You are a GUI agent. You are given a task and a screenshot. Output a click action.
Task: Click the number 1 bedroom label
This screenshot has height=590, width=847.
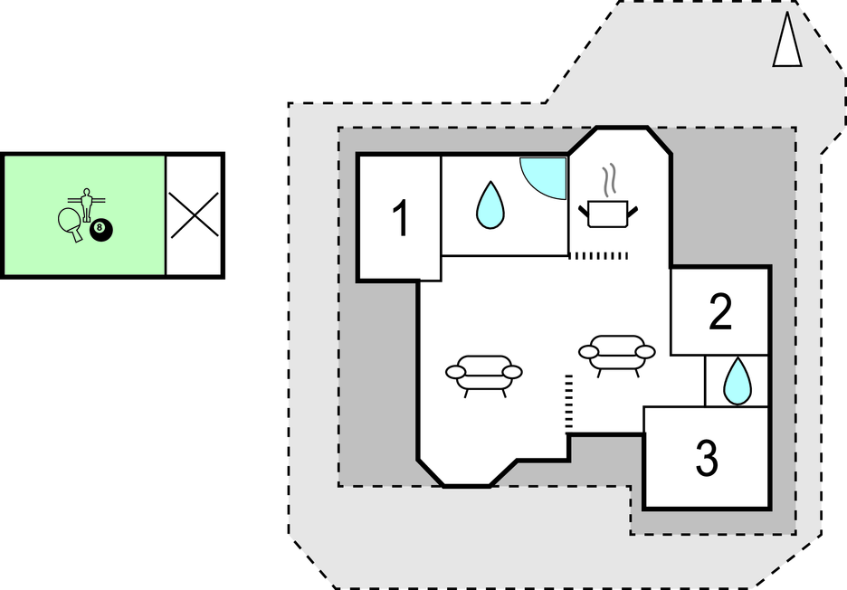coord(401,218)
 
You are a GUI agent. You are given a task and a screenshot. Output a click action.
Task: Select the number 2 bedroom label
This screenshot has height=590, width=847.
coord(720,311)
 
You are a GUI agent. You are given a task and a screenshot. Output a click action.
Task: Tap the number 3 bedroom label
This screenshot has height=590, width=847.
coord(707,458)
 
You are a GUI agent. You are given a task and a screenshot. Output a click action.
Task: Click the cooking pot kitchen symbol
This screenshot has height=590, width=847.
coord(608,214)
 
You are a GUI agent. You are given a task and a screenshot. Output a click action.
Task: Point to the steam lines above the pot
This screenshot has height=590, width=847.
coord(610,179)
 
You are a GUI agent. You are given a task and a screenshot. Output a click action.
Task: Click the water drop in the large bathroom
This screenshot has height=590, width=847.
coord(490,205)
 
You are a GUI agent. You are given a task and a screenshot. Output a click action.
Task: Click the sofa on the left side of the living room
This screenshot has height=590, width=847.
coord(484,376)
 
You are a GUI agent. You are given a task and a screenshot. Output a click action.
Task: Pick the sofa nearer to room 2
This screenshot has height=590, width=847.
coord(617,356)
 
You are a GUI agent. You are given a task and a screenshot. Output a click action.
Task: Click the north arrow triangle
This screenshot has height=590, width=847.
coord(787,40)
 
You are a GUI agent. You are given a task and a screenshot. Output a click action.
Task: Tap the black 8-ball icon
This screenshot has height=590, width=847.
coord(101,230)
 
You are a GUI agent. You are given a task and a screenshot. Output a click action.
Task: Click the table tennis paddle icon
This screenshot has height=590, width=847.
coord(71,224)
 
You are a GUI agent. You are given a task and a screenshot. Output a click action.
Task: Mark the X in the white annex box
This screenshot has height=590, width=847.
coord(195,215)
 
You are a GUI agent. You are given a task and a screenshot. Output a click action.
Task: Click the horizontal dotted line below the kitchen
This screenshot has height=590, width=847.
coord(598,255)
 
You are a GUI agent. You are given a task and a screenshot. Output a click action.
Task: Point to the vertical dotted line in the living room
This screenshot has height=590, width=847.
coord(568,403)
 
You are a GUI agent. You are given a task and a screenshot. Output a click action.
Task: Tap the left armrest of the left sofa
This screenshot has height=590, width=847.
coord(455,372)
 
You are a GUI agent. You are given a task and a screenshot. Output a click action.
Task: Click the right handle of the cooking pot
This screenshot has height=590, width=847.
coord(633,211)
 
